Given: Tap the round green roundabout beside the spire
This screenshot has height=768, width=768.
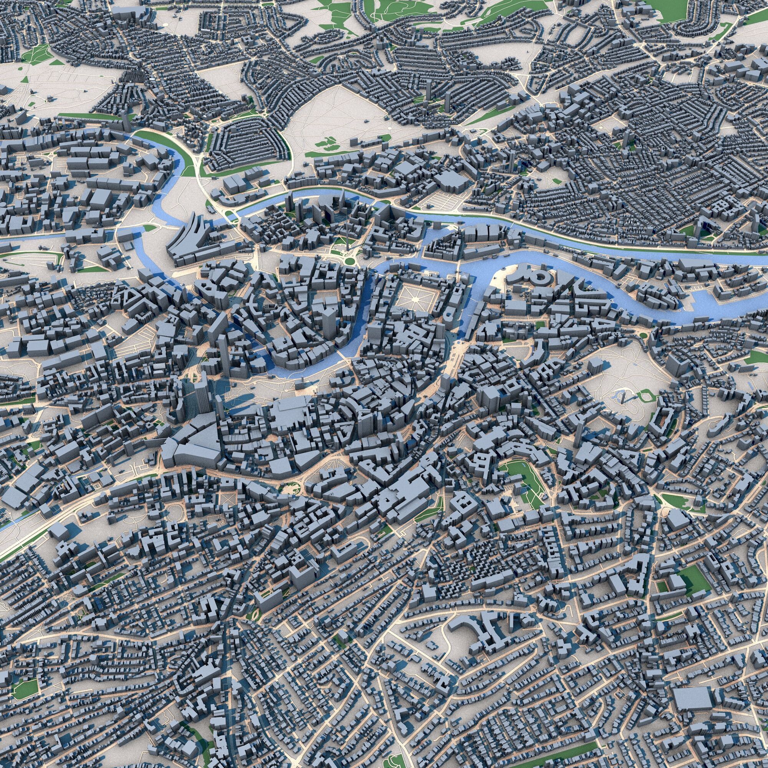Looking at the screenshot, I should tap(350, 261).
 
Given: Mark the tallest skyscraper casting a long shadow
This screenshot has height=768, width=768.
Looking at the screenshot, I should tap(202, 394).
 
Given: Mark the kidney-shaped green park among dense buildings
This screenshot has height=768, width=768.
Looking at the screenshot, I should tap(521, 477).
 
